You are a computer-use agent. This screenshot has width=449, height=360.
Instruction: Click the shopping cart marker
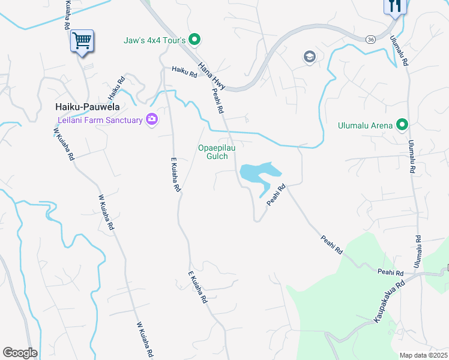[82, 41]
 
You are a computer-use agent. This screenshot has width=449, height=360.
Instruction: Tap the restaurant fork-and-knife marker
[395, 6]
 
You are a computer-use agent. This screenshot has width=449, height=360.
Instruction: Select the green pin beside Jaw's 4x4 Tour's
[194, 40]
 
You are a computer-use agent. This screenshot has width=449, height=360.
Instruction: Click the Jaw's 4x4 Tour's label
[155, 40]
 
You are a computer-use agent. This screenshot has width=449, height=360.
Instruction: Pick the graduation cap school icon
[309, 57]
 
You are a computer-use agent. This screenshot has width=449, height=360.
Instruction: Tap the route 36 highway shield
[370, 39]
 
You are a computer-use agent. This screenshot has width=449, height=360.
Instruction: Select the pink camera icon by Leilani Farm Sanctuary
[152, 120]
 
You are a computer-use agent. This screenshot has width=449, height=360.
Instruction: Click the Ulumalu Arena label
[364, 125]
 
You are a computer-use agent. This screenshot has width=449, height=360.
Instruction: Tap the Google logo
[20, 353]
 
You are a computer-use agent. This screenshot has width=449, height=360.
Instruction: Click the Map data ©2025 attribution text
[423, 355]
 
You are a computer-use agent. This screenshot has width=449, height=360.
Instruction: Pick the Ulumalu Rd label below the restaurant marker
[400, 50]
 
